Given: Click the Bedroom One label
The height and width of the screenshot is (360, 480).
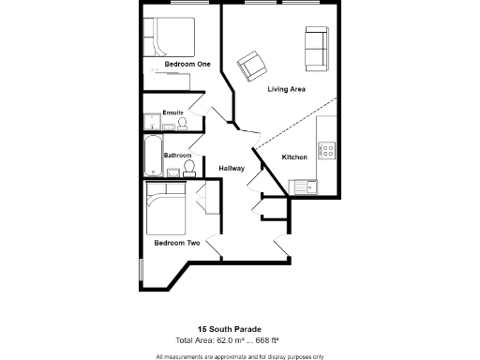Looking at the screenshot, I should point(187,64).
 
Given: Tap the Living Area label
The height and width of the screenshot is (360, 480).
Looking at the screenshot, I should point(289,90).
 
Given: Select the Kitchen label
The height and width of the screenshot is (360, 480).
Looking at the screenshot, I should point(295,157).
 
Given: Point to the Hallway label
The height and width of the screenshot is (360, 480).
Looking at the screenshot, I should point(232,169).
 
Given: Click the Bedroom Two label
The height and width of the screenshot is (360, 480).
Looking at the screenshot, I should point(177,243).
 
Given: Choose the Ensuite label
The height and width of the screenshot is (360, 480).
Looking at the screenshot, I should point(172,112).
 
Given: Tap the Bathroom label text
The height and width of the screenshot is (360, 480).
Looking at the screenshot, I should point(177,155).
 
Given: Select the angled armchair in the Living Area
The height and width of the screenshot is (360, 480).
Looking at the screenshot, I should point(251,66).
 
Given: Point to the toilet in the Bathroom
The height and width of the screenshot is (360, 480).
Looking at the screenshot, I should point(189,168).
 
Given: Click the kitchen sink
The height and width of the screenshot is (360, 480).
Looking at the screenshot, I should point(305,185).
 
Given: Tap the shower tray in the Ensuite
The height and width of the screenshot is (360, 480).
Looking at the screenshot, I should point(152,121).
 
